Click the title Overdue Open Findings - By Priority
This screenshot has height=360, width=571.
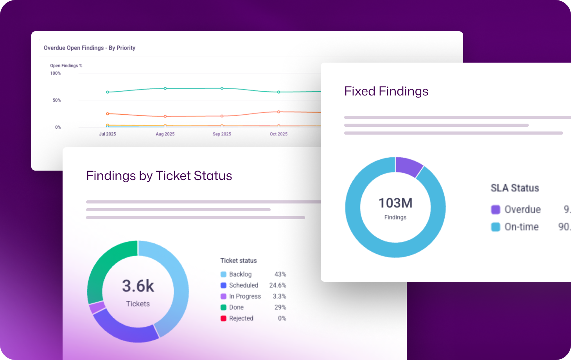pos(89,48)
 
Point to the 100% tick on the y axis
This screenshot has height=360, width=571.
pos(56,73)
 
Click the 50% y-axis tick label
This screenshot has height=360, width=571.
pos(57,100)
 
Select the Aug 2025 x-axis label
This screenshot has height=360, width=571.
pos(165,134)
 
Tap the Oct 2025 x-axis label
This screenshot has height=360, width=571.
pos(278,134)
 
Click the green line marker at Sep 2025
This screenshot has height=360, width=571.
pos(222,88)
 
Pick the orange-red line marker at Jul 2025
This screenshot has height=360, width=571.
pos(108,113)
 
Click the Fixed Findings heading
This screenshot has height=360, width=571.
pos(386,91)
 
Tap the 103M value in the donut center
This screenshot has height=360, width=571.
pos(395,203)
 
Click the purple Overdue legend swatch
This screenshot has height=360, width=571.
pos(496,210)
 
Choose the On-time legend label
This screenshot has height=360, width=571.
pos(521,227)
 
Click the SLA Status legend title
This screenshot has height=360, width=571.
pos(515,188)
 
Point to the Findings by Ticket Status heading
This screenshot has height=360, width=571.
pos(159,176)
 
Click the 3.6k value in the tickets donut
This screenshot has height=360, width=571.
pos(138,286)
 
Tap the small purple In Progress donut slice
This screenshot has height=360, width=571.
pos(97,307)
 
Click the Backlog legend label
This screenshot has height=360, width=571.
pos(240,274)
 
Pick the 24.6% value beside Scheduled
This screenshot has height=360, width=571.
pos(277,285)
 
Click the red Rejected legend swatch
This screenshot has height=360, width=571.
pos(223,319)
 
